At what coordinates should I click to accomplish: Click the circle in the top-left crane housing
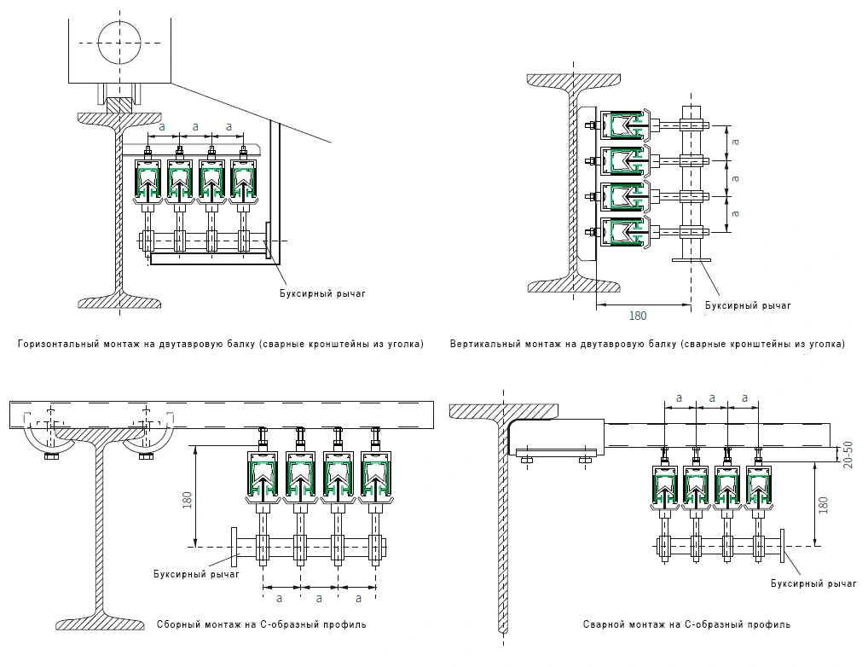tap(119, 43)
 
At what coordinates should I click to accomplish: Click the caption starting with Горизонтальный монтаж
tap(221, 344)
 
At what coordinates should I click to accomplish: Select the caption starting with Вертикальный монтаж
tap(648, 344)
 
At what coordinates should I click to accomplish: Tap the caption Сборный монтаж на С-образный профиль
tap(261, 624)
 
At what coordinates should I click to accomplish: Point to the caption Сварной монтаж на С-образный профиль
tap(686, 624)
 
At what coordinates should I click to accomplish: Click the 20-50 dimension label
tap(848, 455)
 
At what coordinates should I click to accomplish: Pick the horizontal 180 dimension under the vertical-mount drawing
tap(638, 316)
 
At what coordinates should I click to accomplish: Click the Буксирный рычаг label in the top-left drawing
tap(322, 293)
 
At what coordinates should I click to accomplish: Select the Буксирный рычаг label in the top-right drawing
tap(748, 305)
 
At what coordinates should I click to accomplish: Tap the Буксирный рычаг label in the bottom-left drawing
tap(196, 574)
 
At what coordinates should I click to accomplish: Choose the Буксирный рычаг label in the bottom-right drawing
tap(813, 583)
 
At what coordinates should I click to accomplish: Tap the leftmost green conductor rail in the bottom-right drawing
tap(664, 485)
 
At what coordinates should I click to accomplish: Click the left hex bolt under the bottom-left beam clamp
tap(51, 456)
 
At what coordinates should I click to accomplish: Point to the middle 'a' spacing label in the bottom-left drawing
tap(319, 598)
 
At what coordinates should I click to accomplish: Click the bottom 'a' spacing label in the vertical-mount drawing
tap(735, 213)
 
